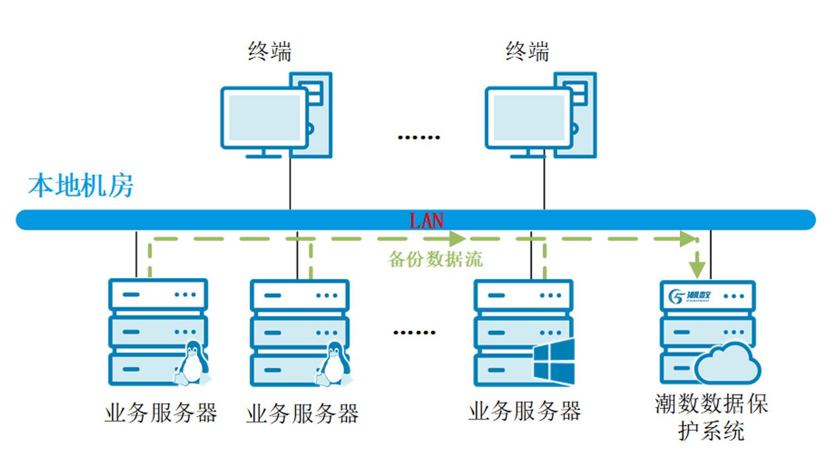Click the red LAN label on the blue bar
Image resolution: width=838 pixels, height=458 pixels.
point(427,220)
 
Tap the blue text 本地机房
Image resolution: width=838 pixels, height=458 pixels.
point(81,186)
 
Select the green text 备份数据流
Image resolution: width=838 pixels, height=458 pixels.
point(435,259)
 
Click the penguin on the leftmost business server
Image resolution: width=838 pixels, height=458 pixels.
point(192,363)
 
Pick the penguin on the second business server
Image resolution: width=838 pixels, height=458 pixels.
point(334,363)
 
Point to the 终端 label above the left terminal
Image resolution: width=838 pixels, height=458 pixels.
point(270,51)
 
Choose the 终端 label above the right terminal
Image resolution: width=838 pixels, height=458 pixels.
point(527,51)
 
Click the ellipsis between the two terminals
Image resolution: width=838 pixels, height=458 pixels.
point(418,138)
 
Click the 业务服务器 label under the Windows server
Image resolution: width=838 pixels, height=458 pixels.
point(524,412)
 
